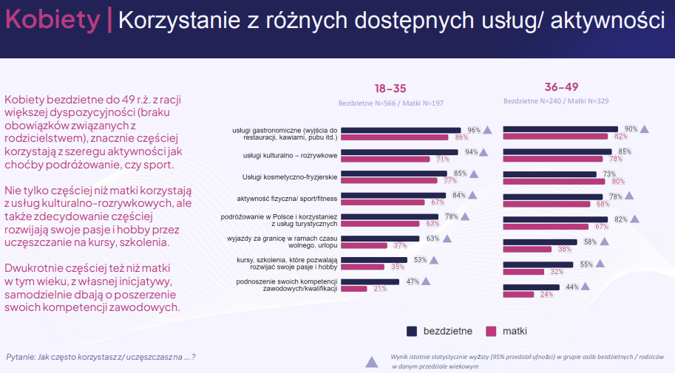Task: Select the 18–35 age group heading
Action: click(x=390, y=87)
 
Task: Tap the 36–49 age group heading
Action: click(x=561, y=86)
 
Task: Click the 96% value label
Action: click(x=473, y=129)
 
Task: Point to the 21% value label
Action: click(x=380, y=289)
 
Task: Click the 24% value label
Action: click(x=546, y=294)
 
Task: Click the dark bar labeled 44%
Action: click(x=533, y=287)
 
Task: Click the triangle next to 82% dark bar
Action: click(x=634, y=219)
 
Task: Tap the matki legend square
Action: click(x=489, y=330)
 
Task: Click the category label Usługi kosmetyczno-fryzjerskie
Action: click(x=290, y=177)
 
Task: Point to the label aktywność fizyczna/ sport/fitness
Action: click(x=287, y=199)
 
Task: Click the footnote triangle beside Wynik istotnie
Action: click(x=372, y=362)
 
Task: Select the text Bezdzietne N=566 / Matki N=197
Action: click(x=390, y=103)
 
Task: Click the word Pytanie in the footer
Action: click(x=22, y=357)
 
